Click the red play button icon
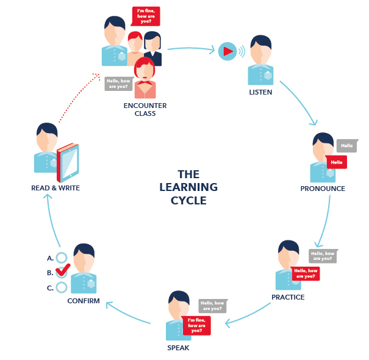pos(227,51)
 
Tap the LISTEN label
pos(260,92)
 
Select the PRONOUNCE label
pos(323,189)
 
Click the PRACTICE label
pos(288,297)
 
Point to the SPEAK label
pos(178,348)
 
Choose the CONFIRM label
pos(84,301)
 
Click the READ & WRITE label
pos(56,188)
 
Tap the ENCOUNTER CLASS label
pos(145,109)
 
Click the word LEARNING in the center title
pos(188,187)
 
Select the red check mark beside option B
pos(63,270)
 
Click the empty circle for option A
pos(62,257)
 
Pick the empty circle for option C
pos(62,287)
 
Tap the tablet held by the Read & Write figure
pos(68,163)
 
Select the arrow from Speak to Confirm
pos(128,312)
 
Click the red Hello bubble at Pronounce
pos(336,162)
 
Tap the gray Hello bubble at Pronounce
pos(347,146)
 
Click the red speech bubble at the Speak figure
pos(197,325)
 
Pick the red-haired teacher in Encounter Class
pos(145,77)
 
